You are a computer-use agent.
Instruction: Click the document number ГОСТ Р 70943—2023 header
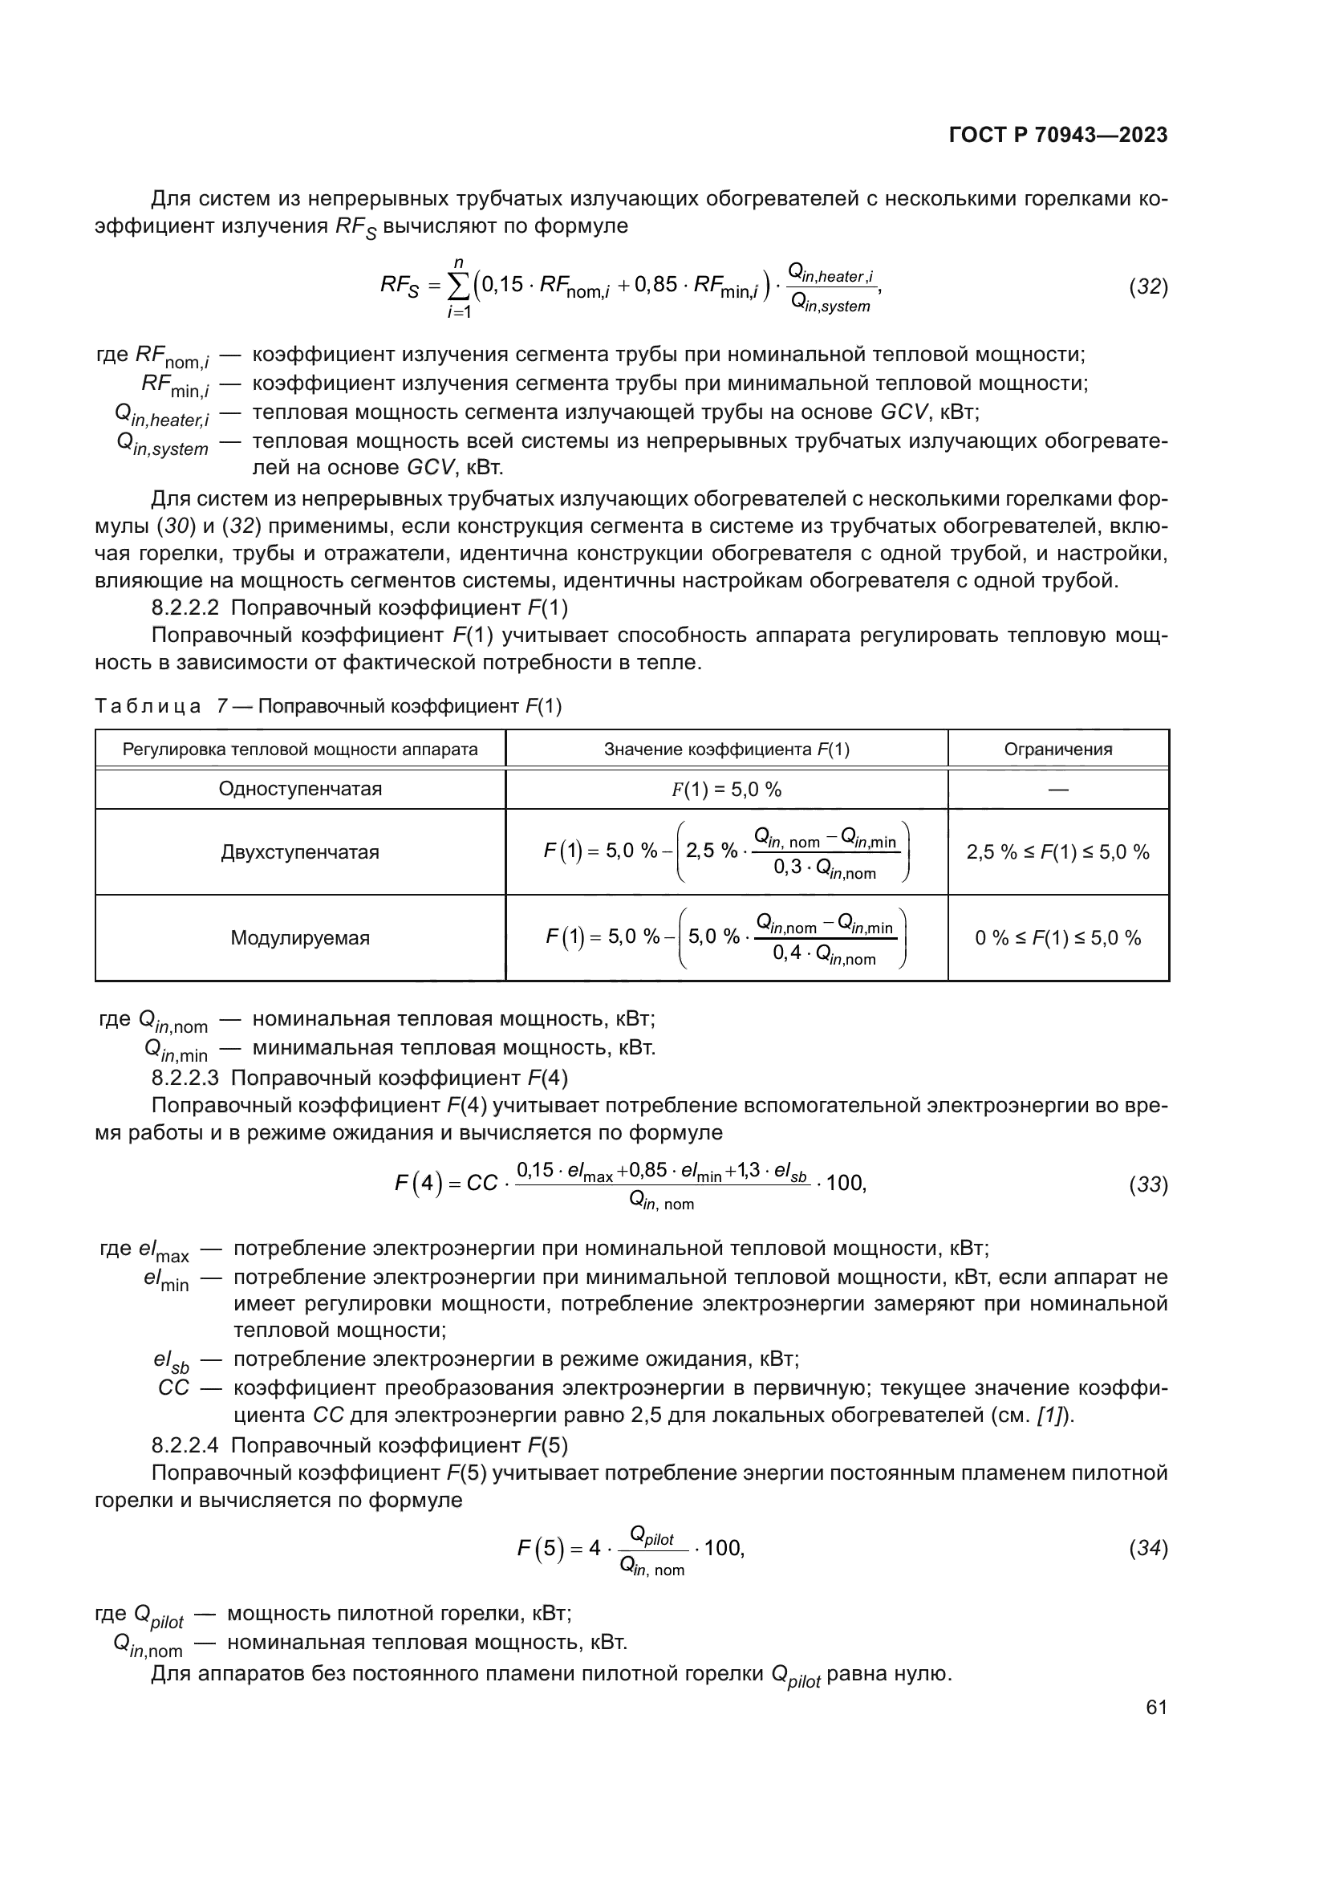1058,136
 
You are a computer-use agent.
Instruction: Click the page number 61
1156,1707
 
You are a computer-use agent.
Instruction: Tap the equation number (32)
1148,287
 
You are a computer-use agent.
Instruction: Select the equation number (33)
1148,1184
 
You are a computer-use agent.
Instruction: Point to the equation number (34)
1148,1548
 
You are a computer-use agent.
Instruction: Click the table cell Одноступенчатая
300,789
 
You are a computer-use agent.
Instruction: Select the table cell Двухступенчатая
300,853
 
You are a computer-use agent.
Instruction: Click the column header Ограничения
1058,749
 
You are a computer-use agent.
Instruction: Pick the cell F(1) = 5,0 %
726,790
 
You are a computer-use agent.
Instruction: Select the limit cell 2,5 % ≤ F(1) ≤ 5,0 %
1058,853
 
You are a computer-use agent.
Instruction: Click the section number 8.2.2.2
185,608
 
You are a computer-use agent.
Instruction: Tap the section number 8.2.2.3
185,1078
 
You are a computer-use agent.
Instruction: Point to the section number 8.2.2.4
185,1445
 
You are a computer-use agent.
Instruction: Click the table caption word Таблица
147,706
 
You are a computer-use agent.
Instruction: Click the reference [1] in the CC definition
1049,1415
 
